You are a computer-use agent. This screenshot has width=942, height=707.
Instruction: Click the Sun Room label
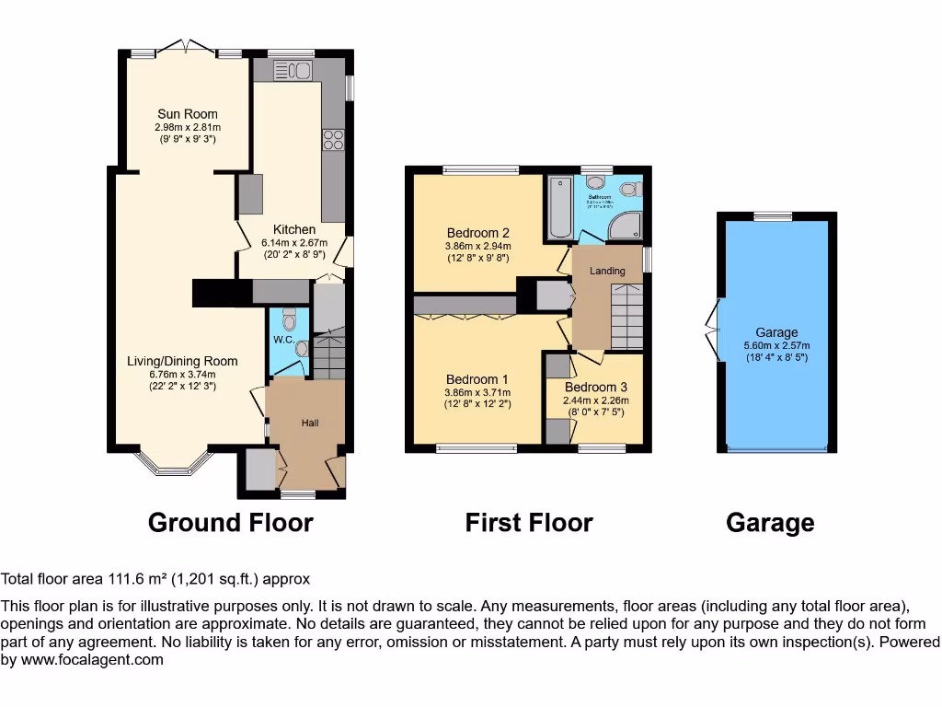pos(188,114)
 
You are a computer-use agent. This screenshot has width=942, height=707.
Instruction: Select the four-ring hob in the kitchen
pos(331,140)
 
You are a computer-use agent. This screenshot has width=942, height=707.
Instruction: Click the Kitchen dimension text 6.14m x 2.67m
pos(294,243)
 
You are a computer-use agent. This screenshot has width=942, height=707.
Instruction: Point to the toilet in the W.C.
pos(289,320)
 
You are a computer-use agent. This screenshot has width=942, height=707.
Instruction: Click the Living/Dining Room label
pos(182,361)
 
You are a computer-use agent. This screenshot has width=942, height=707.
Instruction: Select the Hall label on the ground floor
pos(311,423)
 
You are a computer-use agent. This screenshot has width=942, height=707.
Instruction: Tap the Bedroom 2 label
pos(478,233)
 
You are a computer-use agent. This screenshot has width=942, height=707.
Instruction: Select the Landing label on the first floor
pos(607,271)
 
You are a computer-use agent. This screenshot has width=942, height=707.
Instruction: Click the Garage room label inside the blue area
pos(776,332)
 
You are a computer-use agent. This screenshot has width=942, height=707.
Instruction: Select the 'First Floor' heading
pos(529,523)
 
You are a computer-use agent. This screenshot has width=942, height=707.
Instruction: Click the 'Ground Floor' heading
pos(231,523)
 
